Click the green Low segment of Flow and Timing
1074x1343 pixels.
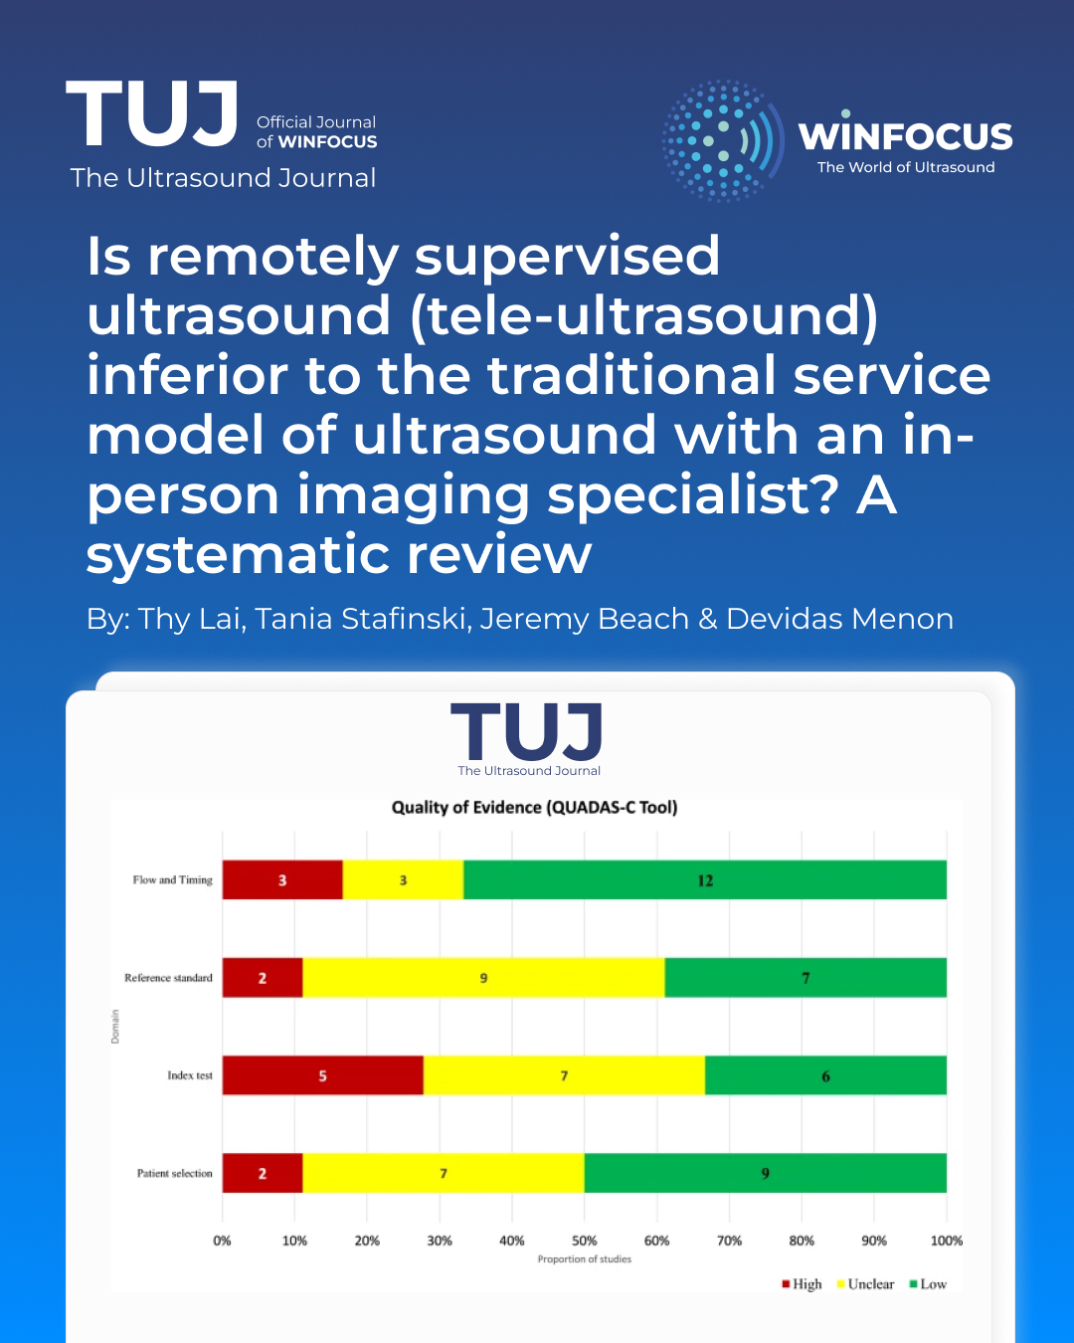(x=705, y=880)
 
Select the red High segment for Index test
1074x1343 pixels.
(x=322, y=1075)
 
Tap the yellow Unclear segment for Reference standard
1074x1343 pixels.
(x=483, y=977)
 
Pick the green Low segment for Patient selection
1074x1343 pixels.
(x=766, y=1173)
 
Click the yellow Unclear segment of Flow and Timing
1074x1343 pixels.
(x=403, y=880)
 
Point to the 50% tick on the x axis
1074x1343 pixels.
(x=584, y=1241)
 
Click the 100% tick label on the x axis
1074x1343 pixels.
(x=947, y=1241)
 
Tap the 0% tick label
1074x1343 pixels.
(x=222, y=1241)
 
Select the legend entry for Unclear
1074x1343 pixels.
(x=865, y=1283)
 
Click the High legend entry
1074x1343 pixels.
(x=802, y=1283)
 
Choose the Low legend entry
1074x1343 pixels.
(x=929, y=1283)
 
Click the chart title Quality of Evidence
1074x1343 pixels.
(x=535, y=808)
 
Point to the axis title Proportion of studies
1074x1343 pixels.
(x=585, y=1259)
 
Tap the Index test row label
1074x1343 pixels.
(x=190, y=1075)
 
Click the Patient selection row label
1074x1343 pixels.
(x=175, y=1173)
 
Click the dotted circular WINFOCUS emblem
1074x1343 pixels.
(x=723, y=140)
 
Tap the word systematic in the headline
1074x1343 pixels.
(x=238, y=555)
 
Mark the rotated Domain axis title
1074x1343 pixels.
(x=115, y=1026)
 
